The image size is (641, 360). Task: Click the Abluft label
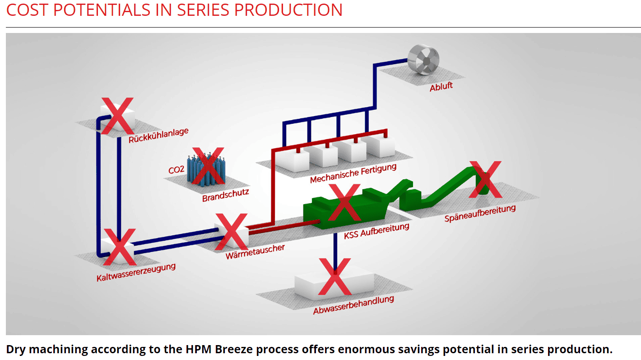(441, 86)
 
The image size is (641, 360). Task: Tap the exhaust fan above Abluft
(423, 60)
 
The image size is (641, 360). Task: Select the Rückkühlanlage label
(158, 135)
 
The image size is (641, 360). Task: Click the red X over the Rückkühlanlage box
(117, 116)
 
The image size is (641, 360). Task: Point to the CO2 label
(176, 170)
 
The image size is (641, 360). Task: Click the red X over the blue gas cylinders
(209, 165)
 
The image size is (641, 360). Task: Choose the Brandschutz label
(226, 195)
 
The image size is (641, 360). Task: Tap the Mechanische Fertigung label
(353, 173)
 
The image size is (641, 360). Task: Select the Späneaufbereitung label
(480, 213)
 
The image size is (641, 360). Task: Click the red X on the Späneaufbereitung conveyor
(485, 179)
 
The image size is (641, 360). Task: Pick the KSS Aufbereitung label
(376, 231)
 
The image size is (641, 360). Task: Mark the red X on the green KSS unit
(344, 202)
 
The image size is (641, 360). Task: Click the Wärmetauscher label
(255, 252)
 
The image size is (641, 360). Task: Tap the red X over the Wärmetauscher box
(231, 232)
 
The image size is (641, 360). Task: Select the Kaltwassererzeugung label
(136, 272)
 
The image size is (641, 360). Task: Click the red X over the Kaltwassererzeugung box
(120, 247)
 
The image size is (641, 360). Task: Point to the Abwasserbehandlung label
(353, 305)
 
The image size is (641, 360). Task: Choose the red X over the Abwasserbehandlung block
(334, 276)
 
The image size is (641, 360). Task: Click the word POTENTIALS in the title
(102, 10)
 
